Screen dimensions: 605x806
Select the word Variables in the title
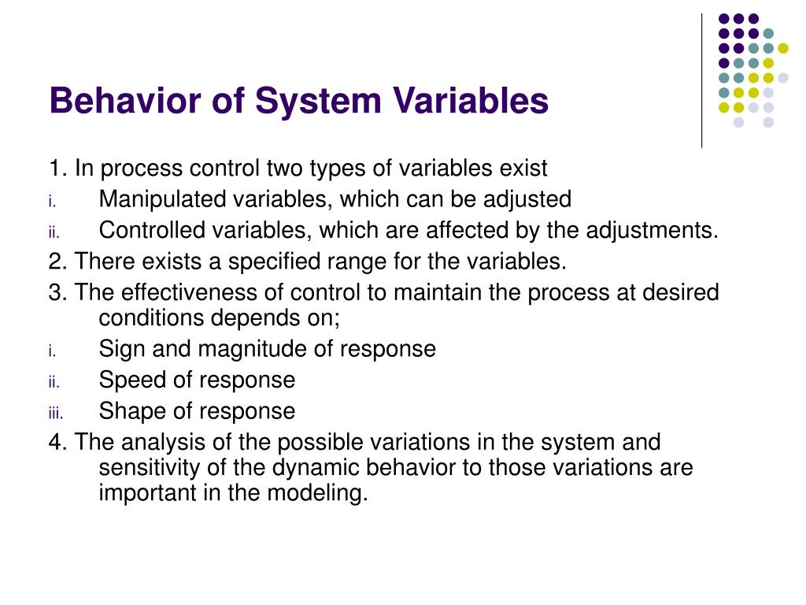457,102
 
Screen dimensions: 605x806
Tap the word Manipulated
161,199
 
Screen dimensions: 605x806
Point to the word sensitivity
145,467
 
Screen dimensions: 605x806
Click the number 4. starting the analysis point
57,442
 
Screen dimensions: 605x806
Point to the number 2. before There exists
57,261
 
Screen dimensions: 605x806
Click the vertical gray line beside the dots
701,79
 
